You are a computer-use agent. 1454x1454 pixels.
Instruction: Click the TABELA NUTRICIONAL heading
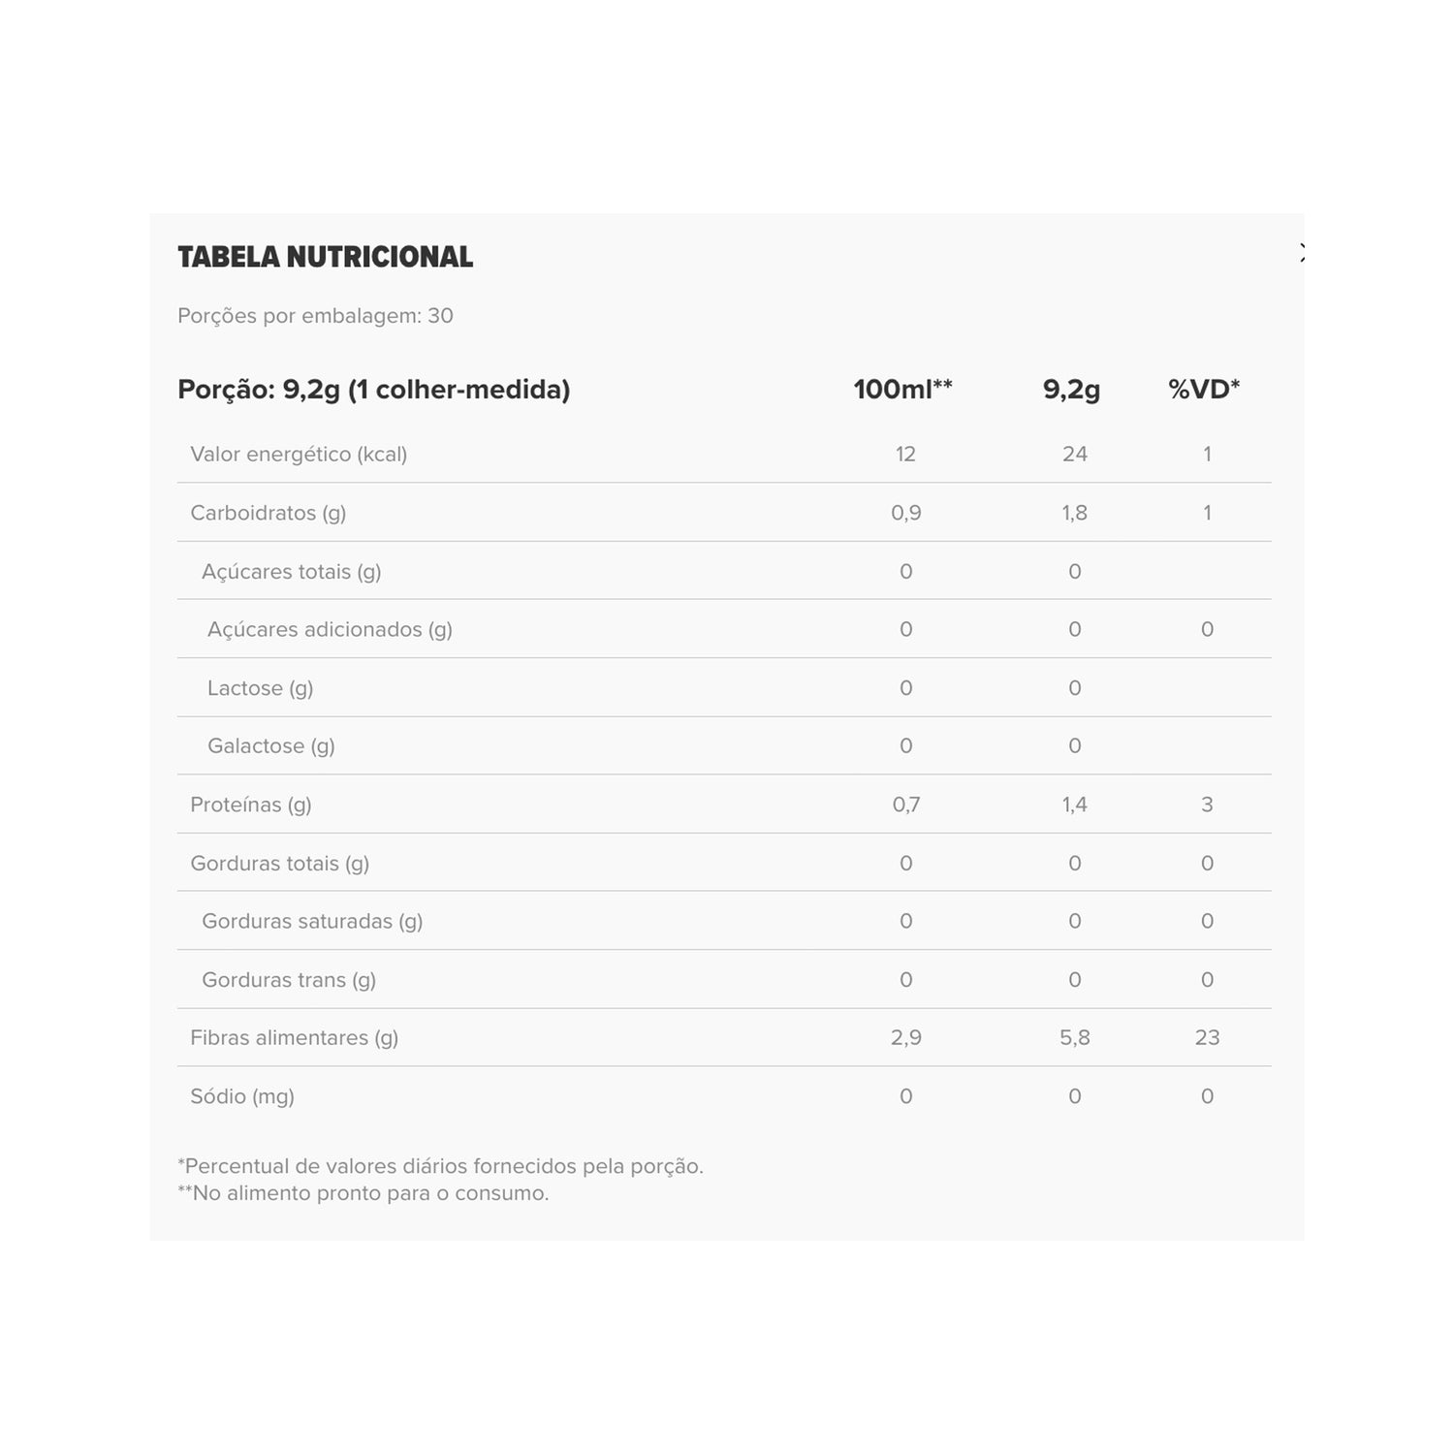(x=325, y=257)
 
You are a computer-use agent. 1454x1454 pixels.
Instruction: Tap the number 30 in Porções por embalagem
(x=440, y=316)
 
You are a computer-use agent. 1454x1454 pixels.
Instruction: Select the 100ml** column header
(x=902, y=390)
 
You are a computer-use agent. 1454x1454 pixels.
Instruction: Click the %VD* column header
(x=1204, y=390)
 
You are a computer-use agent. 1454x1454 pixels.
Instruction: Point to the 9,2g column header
(x=1071, y=390)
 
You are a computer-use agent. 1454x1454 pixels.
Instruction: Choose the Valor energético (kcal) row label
(x=299, y=455)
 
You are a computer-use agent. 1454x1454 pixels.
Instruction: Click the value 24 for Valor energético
(x=1074, y=455)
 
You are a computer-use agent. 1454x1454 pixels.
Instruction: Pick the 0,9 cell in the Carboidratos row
(x=905, y=513)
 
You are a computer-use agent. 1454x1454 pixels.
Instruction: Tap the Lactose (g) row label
(x=260, y=688)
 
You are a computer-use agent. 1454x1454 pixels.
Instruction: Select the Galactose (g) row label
(x=270, y=746)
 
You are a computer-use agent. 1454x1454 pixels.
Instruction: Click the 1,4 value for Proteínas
(x=1074, y=805)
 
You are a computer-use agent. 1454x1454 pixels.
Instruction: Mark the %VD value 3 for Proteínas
(x=1207, y=805)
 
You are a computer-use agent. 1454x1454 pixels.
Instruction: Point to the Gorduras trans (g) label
(x=289, y=980)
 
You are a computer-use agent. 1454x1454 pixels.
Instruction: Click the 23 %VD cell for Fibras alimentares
(x=1207, y=1038)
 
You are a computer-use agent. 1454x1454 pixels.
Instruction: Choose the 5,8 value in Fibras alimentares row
(x=1074, y=1038)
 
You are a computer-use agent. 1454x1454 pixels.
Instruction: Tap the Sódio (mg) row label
(x=242, y=1096)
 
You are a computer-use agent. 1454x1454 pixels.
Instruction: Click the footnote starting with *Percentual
(x=440, y=1166)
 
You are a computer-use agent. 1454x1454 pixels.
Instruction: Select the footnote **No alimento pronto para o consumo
(x=363, y=1193)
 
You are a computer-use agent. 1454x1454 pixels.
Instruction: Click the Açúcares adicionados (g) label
(x=330, y=630)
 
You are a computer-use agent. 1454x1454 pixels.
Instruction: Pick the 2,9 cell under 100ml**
(x=905, y=1038)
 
